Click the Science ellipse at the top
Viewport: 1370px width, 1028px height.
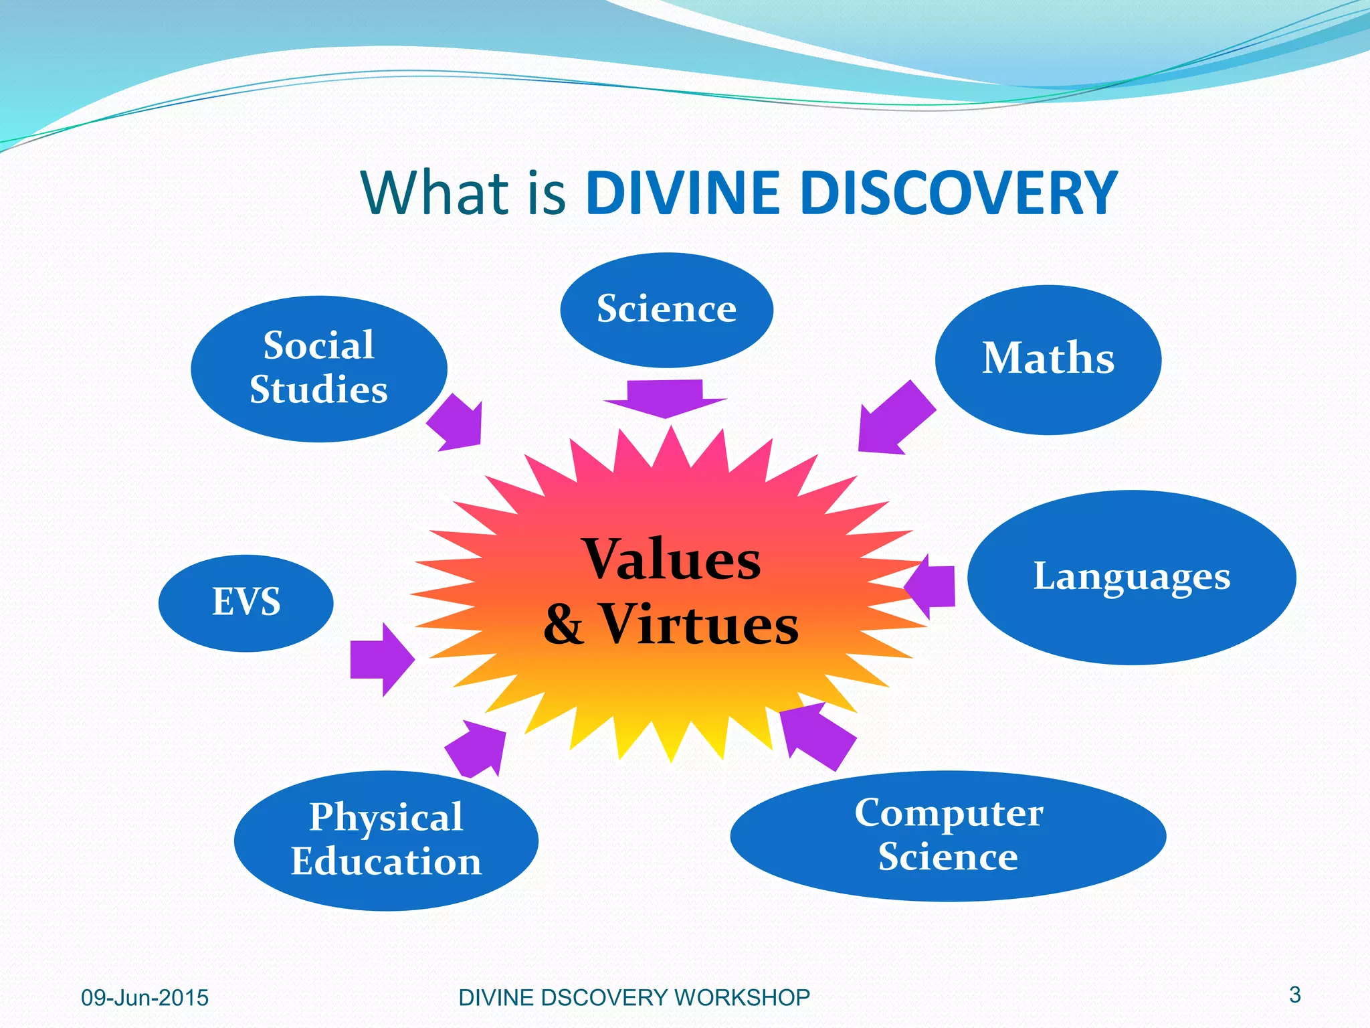click(x=666, y=310)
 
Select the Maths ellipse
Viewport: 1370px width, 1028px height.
click(x=1048, y=359)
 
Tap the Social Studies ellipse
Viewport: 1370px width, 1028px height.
click(x=318, y=369)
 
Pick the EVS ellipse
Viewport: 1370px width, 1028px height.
click(x=246, y=602)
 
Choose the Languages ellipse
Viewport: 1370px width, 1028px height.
click(x=1131, y=577)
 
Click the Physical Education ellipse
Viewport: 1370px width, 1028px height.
click(x=386, y=840)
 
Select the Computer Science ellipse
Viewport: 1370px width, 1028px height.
click(x=948, y=835)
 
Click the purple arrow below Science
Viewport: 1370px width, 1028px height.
click(x=666, y=397)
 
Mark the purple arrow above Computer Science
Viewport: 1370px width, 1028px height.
click(x=815, y=735)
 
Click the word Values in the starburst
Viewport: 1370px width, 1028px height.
click(x=672, y=560)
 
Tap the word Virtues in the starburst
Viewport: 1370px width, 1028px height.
click(x=698, y=624)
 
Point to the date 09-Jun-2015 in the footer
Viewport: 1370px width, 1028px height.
click(x=144, y=998)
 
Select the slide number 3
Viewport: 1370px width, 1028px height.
click(x=1294, y=995)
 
